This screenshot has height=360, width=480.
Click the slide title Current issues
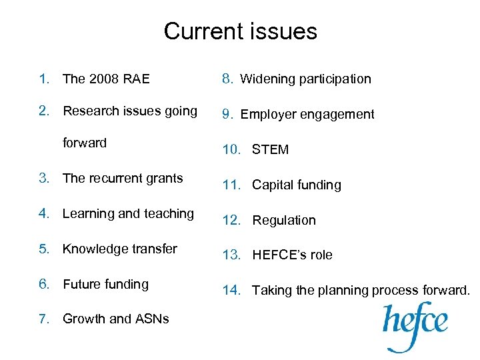click(x=240, y=31)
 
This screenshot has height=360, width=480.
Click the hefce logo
click(x=415, y=325)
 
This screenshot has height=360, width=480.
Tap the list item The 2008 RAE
click(x=106, y=79)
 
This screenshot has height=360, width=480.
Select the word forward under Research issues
click(x=85, y=143)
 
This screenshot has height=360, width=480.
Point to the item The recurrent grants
click(x=123, y=178)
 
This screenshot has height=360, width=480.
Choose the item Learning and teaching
click(x=128, y=213)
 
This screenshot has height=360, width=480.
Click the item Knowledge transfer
click(x=120, y=249)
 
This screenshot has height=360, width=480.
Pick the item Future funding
click(x=105, y=284)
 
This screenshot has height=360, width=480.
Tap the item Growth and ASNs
click(x=115, y=319)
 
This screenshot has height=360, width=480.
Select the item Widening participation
click(x=305, y=79)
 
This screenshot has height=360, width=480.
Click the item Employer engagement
click(x=307, y=114)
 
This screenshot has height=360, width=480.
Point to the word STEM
click(x=270, y=149)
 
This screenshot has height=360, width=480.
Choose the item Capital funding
click(x=296, y=185)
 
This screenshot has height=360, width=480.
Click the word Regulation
click(x=284, y=220)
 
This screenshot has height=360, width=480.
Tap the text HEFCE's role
click(x=292, y=255)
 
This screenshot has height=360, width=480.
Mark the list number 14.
click(x=231, y=290)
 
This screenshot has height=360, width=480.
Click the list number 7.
click(x=43, y=319)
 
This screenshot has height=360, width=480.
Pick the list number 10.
click(x=231, y=149)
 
